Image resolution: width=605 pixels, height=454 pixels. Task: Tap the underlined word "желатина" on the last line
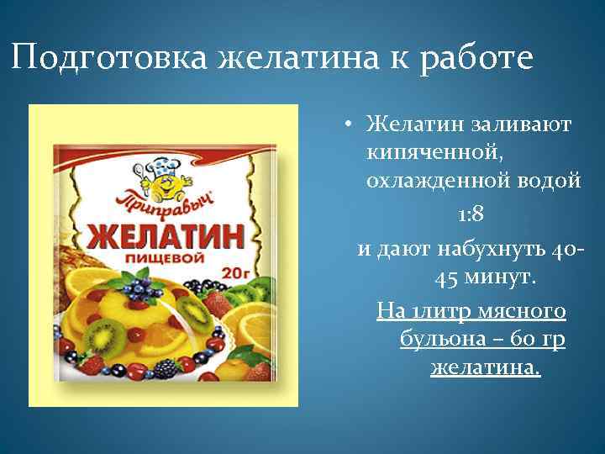click(486, 367)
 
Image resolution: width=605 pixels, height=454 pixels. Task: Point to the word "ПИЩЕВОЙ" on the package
click(160, 259)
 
